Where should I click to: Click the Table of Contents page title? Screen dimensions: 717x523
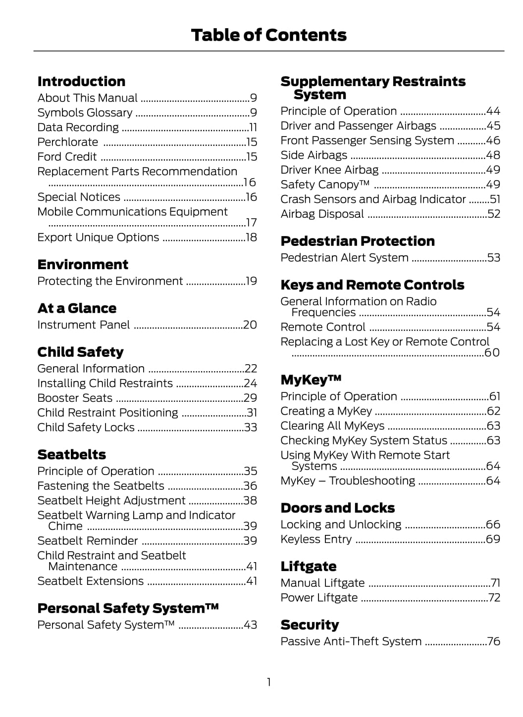point(268,35)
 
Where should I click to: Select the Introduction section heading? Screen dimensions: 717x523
point(81,82)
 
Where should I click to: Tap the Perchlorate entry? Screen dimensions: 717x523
point(68,142)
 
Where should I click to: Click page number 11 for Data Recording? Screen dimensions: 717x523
point(253,128)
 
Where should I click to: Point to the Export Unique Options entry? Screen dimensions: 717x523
point(98,238)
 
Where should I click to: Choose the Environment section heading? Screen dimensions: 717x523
point(83,265)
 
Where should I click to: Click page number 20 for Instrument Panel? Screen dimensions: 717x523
point(250,325)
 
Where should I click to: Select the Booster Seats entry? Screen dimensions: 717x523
point(75,398)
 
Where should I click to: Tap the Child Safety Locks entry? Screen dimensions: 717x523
point(86,428)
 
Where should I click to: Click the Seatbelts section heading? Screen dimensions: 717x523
point(72,455)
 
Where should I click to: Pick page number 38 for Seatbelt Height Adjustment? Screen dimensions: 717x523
point(250,501)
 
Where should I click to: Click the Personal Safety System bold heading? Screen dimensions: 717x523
point(128,608)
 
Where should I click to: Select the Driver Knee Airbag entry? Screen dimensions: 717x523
point(329,170)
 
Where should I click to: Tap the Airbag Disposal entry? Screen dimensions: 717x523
point(322,214)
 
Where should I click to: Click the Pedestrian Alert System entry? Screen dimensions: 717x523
point(344,258)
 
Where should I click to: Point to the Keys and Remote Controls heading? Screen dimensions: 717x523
point(372,285)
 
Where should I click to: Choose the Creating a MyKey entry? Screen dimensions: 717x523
point(326,411)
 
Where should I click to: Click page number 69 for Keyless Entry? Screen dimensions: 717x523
point(493,539)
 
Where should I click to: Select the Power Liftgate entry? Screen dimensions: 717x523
point(319,598)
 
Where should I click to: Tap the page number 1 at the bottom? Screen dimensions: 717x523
point(268,682)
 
